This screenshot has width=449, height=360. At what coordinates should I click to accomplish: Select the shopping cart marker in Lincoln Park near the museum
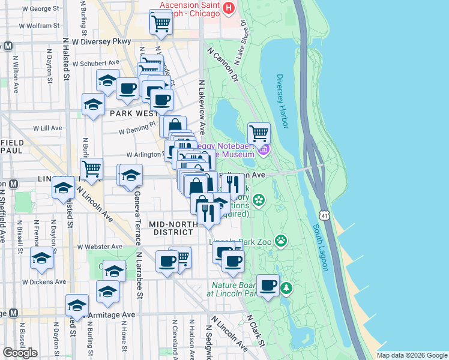pyautogui.click(x=259, y=133)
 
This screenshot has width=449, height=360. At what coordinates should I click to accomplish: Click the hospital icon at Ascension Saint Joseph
pyautogui.click(x=228, y=8)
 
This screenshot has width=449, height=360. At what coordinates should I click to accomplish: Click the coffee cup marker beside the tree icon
pyautogui.click(x=268, y=284)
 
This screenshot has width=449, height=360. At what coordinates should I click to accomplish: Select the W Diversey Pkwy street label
pyautogui.click(x=101, y=42)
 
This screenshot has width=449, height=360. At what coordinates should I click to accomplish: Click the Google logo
pyautogui.click(x=20, y=353)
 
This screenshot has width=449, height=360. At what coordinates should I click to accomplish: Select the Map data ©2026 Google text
pyautogui.click(x=412, y=355)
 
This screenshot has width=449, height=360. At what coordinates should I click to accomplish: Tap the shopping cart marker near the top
pyautogui.click(x=160, y=23)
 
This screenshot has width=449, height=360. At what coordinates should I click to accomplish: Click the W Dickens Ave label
pyautogui.click(x=44, y=281)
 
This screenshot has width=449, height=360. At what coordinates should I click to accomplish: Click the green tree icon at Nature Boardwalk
pyautogui.click(x=286, y=289)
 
